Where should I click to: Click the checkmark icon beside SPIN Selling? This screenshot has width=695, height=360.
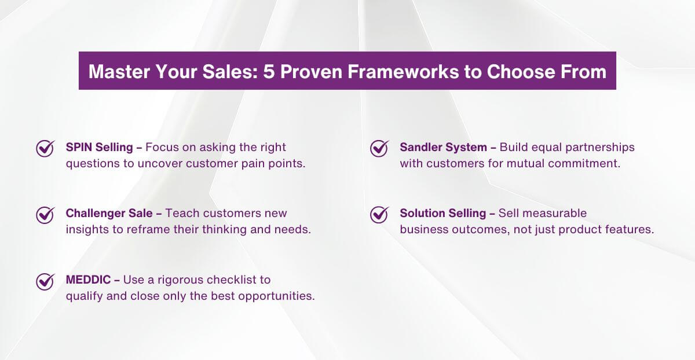pos(45,149)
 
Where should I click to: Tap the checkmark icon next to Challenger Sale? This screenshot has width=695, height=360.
pos(45,215)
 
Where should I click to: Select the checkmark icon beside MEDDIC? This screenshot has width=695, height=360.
pos(45,281)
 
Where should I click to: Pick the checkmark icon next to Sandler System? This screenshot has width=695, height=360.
pos(379,149)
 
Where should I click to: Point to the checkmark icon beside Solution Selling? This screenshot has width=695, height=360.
pos(379,215)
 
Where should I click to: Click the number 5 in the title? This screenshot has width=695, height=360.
pos(269,72)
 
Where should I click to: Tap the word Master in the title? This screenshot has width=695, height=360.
pos(119,72)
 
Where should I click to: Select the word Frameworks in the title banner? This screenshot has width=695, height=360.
pos(403,72)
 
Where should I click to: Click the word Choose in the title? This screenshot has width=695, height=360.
pos(521,72)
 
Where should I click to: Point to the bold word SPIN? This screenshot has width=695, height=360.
pos(79,147)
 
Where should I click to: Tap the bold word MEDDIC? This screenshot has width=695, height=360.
pos(88,280)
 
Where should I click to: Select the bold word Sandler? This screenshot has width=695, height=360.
pos(420,147)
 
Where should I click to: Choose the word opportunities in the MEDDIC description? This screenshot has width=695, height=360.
pos(276,296)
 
